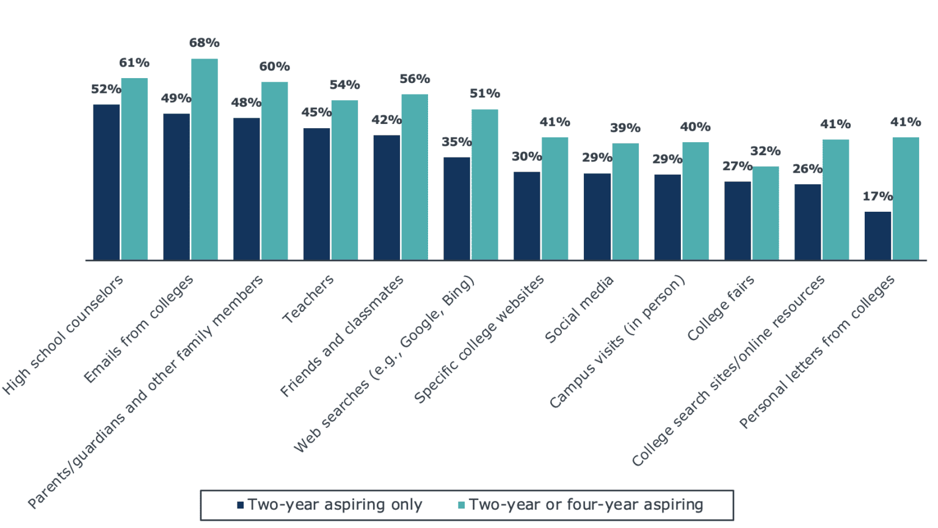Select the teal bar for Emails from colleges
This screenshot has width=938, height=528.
coord(205,159)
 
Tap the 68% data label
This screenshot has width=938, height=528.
coord(204,43)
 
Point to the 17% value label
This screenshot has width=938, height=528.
coord(877,197)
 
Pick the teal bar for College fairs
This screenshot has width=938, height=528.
coord(765,213)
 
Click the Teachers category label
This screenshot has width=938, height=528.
coord(308,298)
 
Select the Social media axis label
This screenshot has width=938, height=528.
coord(579,309)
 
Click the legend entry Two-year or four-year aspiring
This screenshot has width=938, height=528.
coord(586,505)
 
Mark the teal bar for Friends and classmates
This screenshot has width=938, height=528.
coord(415,177)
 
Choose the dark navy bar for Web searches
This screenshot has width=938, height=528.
coord(457,209)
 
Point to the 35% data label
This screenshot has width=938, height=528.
coord(456,142)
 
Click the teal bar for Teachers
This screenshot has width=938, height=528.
coord(344,180)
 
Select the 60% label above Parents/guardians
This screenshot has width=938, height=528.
coord(274,67)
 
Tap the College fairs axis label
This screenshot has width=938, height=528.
coord(721,308)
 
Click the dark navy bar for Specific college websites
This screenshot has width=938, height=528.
coord(526,216)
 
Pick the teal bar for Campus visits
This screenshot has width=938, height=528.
coord(696,201)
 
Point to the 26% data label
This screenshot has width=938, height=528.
coord(807,169)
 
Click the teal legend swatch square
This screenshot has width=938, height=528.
coord(462,505)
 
